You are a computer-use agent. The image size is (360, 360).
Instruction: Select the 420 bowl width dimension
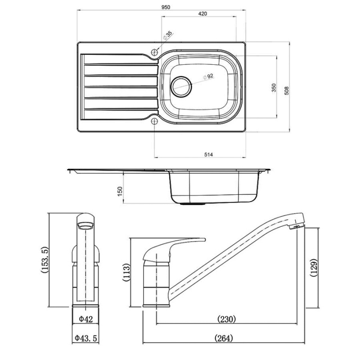point(202,13)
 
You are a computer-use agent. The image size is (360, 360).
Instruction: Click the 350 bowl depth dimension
point(274,88)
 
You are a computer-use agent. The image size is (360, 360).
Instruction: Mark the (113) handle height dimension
point(127,273)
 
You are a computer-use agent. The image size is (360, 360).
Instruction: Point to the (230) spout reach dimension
point(227,319)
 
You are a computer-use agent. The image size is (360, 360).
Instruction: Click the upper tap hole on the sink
point(154,52)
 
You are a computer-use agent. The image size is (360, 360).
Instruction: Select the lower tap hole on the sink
point(154,121)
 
